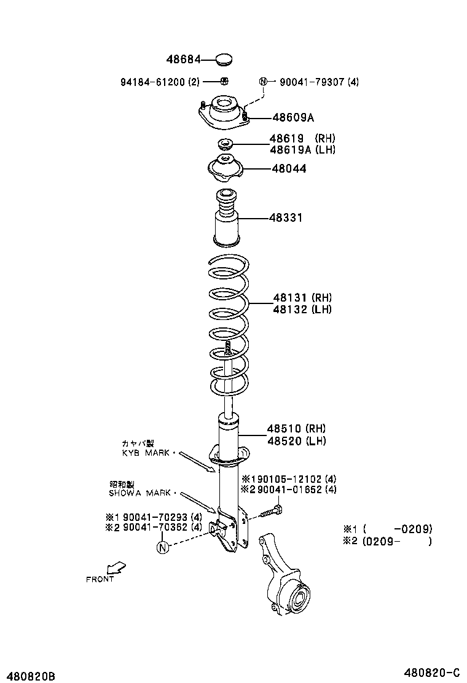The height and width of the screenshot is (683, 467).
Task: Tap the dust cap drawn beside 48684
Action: (224, 60)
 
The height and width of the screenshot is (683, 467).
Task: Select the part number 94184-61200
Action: (151, 82)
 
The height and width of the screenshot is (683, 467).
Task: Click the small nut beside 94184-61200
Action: (225, 81)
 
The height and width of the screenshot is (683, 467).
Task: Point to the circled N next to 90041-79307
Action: (264, 82)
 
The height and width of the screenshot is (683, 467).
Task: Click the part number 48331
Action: (286, 217)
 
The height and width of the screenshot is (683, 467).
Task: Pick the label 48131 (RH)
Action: (302, 298)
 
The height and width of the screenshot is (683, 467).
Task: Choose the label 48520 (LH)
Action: (296, 440)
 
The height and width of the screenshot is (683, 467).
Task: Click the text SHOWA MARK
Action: (141, 493)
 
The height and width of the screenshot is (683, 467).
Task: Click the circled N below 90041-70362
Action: (163, 547)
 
